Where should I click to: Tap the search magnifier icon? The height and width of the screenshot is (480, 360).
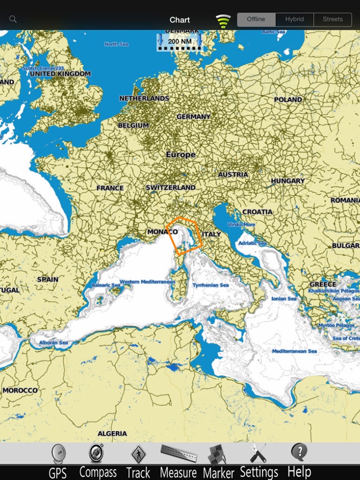(13, 20)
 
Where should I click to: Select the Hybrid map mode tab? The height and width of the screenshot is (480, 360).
(294, 20)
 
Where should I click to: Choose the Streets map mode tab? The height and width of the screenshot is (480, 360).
(332, 20)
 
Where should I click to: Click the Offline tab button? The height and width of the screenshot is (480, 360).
(256, 20)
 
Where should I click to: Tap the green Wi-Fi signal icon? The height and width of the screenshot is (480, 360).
(223, 21)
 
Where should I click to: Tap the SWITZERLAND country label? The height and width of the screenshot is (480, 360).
(170, 188)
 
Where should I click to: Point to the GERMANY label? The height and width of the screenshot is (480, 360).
(193, 117)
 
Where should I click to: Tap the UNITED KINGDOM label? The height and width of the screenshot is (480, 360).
(60, 74)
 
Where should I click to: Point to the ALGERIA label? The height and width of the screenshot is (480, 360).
(112, 433)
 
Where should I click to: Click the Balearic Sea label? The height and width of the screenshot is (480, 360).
(105, 285)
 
